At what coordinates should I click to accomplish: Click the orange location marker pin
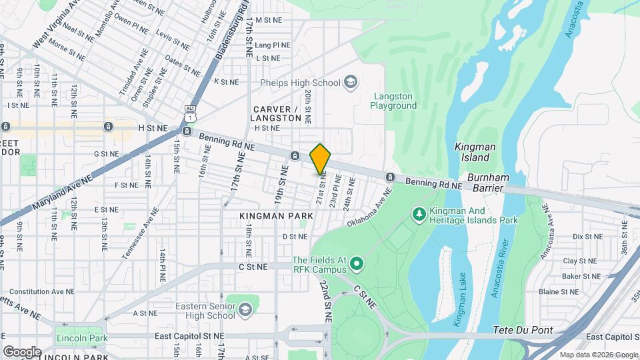click(x=320, y=158)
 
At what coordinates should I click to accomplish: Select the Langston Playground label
click(x=393, y=101)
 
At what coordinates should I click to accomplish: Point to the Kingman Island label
click(x=472, y=152)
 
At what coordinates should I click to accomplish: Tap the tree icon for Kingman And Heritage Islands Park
click(x=419, y=214)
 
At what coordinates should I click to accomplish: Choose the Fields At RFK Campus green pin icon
click(x=357, y=265)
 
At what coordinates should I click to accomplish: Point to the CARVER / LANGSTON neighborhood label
click(x=276, y=113)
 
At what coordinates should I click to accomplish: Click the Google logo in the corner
click(x=22, y=351)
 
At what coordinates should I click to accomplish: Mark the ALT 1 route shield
click(x=191, y=113)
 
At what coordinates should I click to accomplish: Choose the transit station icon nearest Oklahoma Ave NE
click(x=390, y=177)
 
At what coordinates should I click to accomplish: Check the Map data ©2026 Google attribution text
click(x=598, y=355)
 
